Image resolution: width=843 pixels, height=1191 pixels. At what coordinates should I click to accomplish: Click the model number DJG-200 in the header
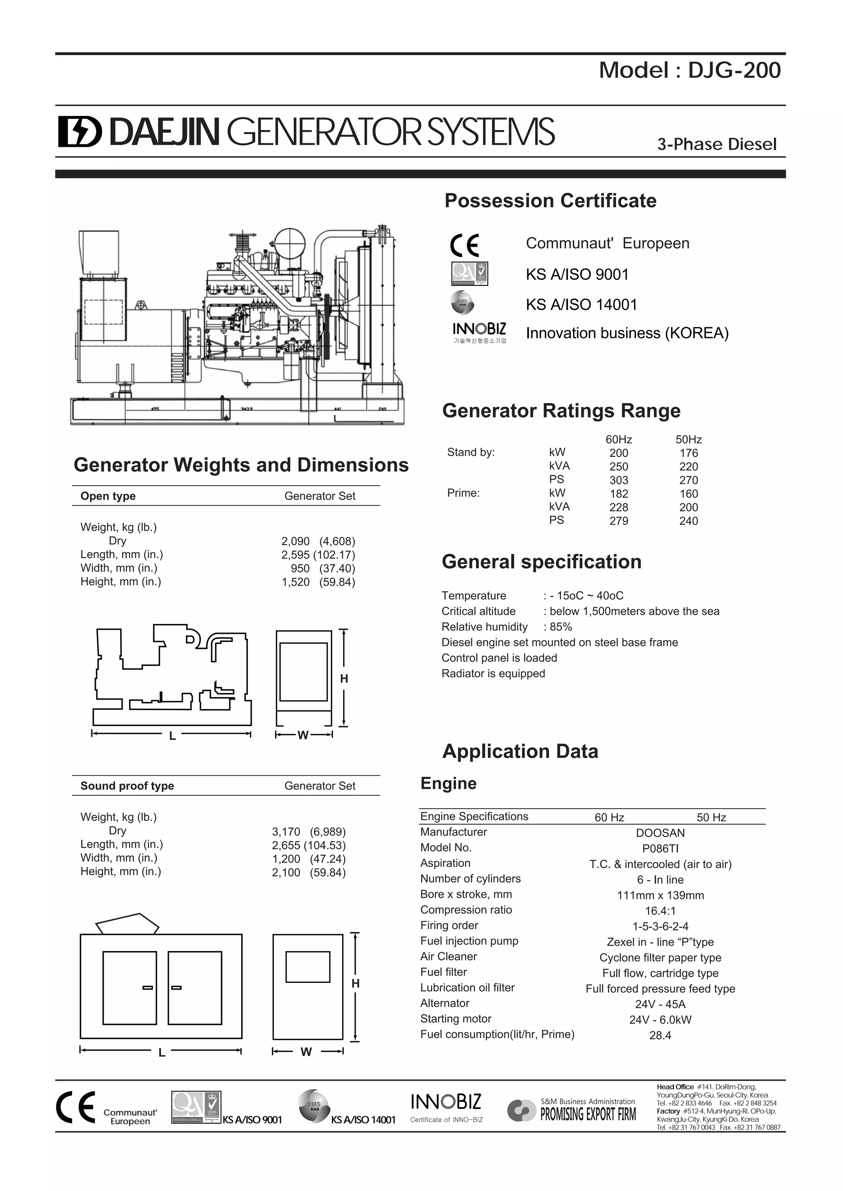[x=734, y=71]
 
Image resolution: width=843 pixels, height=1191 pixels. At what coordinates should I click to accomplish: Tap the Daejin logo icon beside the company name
[x=79, y=131]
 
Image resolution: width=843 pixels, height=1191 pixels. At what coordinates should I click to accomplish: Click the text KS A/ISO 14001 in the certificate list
[x=581, y=304]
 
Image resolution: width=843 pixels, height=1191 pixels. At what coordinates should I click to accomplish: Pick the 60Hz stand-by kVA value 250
[x=619, y=467]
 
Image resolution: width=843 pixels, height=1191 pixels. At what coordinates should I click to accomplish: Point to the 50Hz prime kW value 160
[x=688, y=494]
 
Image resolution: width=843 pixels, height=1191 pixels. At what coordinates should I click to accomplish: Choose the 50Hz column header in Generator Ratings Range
[x=688, y=439]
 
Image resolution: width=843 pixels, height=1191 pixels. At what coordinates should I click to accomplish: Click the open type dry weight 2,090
[x=296, y=542]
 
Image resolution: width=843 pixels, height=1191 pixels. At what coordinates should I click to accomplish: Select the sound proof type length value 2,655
[x=286, y=846]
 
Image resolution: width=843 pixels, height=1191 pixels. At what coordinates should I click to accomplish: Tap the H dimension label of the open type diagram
[x=344, y=679]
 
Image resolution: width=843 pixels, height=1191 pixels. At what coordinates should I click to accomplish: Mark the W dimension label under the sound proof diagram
[x=306, y=1052]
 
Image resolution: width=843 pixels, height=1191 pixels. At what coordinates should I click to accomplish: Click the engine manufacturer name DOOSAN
[x=660, y=833]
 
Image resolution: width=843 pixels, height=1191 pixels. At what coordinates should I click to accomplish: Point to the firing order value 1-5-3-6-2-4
[x=660, y=927]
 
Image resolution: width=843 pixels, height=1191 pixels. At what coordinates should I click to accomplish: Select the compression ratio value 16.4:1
[x=660, y=911]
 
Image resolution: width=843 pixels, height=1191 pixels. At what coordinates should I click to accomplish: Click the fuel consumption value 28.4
[x=660, y=1036]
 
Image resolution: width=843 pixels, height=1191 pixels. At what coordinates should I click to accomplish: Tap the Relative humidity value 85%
[x=561, y=627]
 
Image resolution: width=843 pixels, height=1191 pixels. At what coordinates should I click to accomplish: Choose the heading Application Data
[x=520, y=751]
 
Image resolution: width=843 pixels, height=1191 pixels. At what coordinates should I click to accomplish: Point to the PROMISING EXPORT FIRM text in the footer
[x=588, y=1114]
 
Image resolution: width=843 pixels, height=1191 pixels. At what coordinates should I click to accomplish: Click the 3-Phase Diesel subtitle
[x=717, y=144]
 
